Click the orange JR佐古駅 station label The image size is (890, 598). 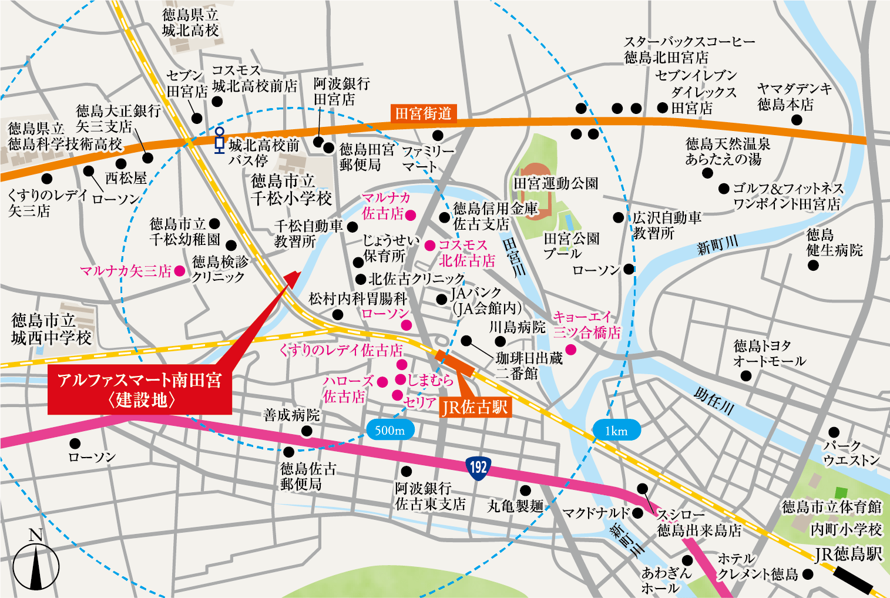[x=475, y=406]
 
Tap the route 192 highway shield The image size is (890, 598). [x=478, y=467]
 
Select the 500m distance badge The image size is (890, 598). [x=389, y=431]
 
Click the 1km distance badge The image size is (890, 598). [x=616, y=431]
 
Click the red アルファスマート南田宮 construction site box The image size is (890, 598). [x=140, y=390]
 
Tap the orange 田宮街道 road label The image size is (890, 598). [x=424, y=113]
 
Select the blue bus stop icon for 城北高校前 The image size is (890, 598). [x=219, y=139]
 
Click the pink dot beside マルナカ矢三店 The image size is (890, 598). [x=180, y=271]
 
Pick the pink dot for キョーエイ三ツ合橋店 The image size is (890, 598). [x=570, y=350]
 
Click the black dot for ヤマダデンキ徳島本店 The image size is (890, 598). [x=797, y=120]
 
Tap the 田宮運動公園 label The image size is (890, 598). [x=556, y=183]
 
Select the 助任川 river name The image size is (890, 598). [x=714, y=401]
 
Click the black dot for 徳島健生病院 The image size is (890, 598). [x=813, y=265]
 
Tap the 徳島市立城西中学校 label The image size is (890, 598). [x=51, y=329]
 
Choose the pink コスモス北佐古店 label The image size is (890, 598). [x=466, y=253]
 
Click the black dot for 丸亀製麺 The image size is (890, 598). [x=525, y=491]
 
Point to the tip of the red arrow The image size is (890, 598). [x=300, y=272]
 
